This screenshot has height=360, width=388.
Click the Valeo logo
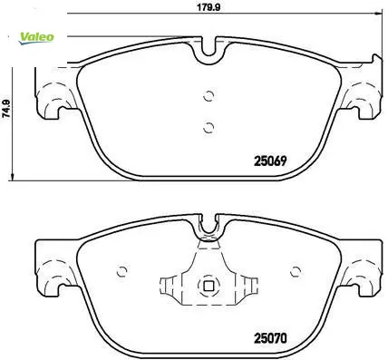tap(36, 38)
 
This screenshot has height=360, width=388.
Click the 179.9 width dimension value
tap(209, 7)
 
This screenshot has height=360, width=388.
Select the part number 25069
tap(270, 161)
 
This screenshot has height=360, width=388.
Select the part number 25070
tap(270, 338)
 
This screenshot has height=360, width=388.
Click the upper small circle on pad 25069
tap(209, 96)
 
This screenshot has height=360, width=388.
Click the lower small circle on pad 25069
tap(209, 128)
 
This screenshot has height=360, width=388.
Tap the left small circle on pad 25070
tap(121, 271)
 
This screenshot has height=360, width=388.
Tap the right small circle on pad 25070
tap(296, 271)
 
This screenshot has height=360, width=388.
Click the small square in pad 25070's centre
tap(209, 286)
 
